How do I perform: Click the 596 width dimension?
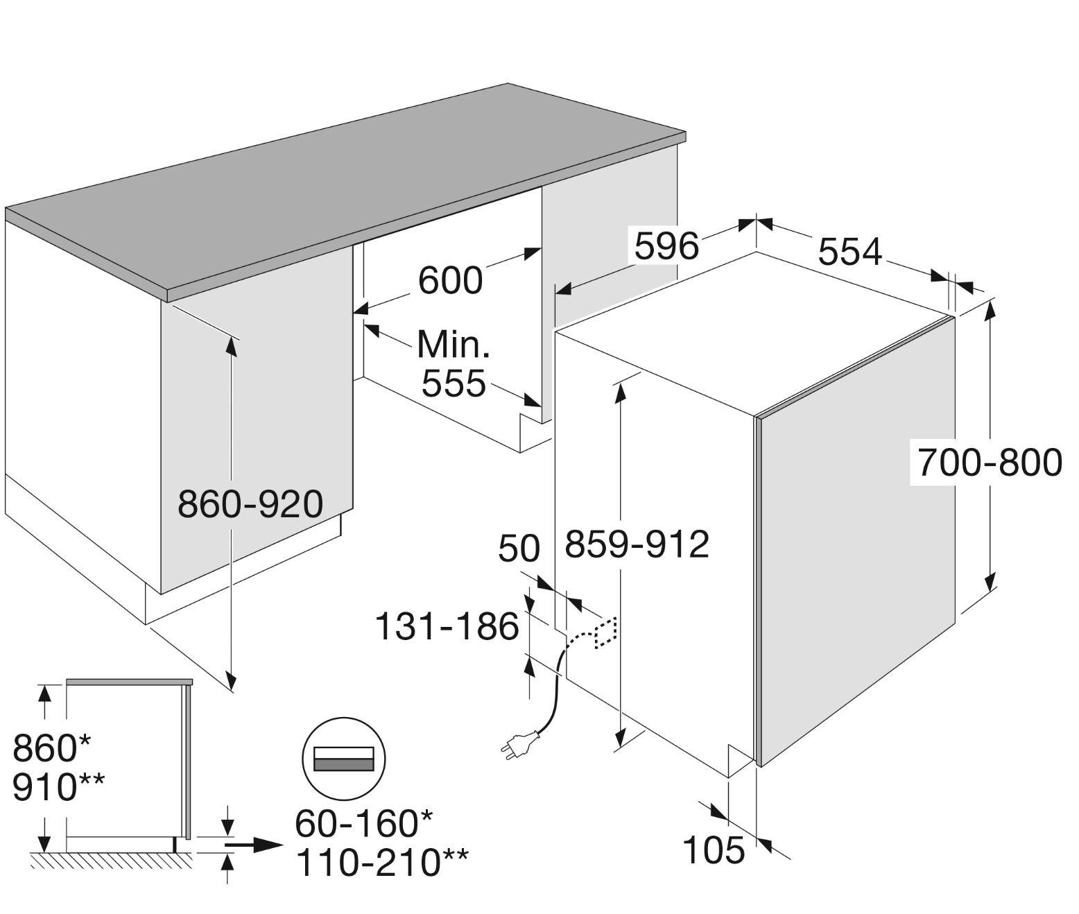point(666,246)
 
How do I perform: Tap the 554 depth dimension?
point(850,252)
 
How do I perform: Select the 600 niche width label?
point(451,281)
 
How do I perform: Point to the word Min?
point(454,345)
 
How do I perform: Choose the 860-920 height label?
point(250,504)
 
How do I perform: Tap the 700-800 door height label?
point(990,463)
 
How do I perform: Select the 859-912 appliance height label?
point(637,544)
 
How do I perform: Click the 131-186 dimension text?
point(447,626)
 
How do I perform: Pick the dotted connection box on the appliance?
point(605,633)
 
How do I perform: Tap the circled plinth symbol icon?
point(343,759)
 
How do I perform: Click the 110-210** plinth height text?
point(381,863)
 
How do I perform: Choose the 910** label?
point(58,787)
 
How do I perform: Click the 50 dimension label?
point(519,549)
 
